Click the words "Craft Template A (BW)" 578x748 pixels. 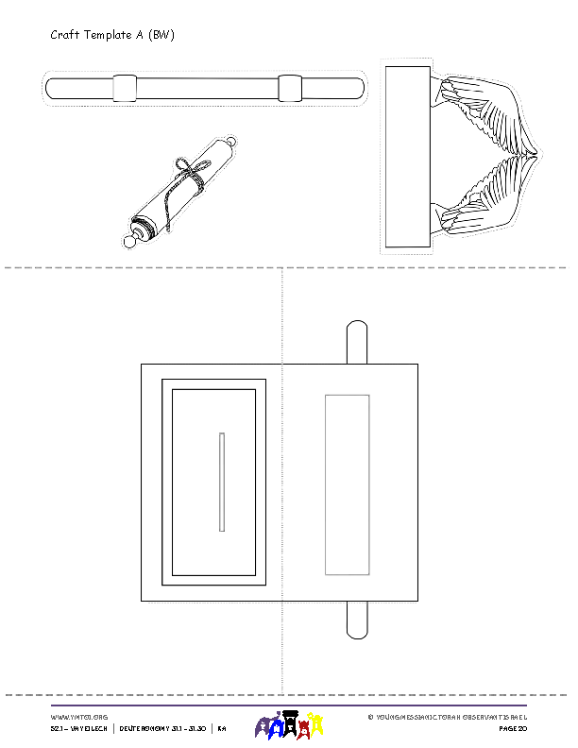click(x=112, y=35)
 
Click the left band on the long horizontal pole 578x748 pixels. click(x=126, y=88)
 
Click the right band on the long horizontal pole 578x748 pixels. click(x=291, y=88)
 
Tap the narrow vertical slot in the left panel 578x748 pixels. click(x=222, y=482)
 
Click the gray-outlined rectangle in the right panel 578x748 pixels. click(x=347, y=484)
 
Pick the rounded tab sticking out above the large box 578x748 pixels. click(x=357, y=342)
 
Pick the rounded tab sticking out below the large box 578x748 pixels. click(x=357, y=620)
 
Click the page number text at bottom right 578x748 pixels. click(x=512, y=729)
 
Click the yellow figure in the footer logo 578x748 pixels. click(x=318, y=725)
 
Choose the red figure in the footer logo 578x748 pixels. click(x=304, y=726)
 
